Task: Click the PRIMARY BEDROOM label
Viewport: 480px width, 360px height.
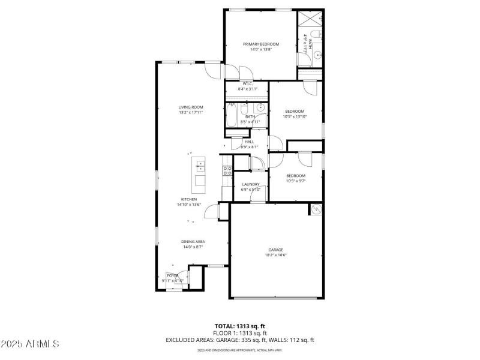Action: pyautogui.click(x=260, y=44)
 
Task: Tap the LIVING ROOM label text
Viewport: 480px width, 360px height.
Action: pyautogui.click(x=191, y=107)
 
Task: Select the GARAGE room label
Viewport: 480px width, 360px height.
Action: pyautogui.click(x=275, y=250)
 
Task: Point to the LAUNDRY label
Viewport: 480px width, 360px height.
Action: pyautogui.click(x=251, y=184)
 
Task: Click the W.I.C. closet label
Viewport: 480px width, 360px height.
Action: pyautogui.click(x=247, y=83)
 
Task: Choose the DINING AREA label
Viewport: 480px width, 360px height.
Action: pyautogui.click(x=193, y=241)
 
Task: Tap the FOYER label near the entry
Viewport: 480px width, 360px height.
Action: pyautogui.click(x=172, y=275)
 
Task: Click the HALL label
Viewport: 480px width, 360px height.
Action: pyautogui.click(x=249, y=142)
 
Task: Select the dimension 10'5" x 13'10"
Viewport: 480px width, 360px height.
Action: pyautogui.click(x=295, y=116)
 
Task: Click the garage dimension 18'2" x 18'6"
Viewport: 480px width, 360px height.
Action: pyautogui.click(x=275, y=255)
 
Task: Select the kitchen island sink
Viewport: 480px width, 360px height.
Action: pyautogui.click(x=200, y=166)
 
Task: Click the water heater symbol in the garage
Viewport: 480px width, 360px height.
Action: pyautogui.click(x=316, y=209)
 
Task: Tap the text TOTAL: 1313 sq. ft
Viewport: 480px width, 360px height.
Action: pyautogui.click(x=240, y=326)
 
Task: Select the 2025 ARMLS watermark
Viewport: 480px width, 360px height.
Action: pyautogui.click(x=30, y=344)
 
